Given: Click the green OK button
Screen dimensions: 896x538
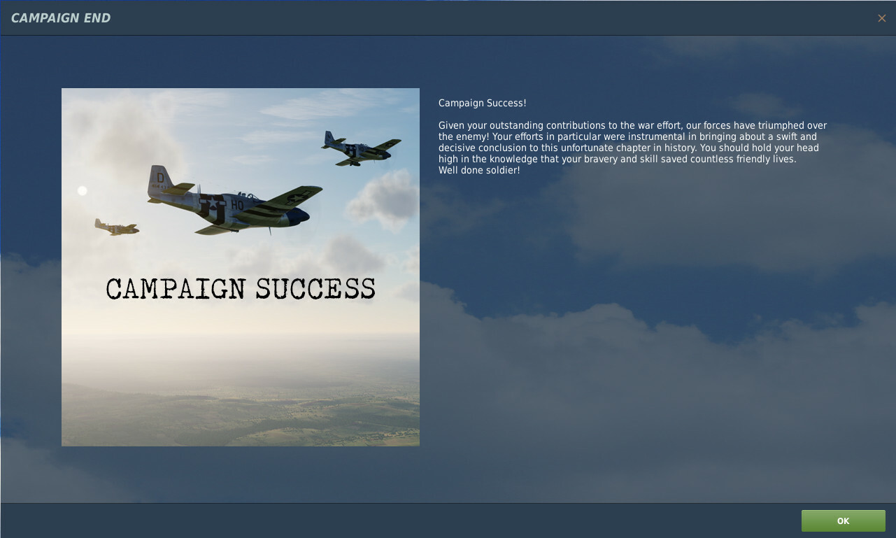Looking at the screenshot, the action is pos(844,521).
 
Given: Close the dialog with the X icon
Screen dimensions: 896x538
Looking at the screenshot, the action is pos(881,18).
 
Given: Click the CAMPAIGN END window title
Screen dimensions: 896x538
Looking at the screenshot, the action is pos(61,18).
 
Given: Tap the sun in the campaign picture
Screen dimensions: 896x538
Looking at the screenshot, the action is pos(83,191).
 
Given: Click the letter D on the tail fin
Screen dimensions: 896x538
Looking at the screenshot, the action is pos(160,178).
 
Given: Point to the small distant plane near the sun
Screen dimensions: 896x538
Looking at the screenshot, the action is pos(116,227).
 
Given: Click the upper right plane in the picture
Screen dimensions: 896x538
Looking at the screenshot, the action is pos(361,148).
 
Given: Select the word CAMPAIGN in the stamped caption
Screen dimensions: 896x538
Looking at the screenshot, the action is pos(176,288).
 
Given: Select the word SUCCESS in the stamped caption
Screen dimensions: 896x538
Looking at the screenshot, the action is pos(315,288).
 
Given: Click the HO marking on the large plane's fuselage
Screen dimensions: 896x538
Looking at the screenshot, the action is pos(237,205).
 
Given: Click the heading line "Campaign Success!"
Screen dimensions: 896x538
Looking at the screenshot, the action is pos(483,104).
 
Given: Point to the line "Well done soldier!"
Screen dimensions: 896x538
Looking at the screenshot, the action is pos(479,171).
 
